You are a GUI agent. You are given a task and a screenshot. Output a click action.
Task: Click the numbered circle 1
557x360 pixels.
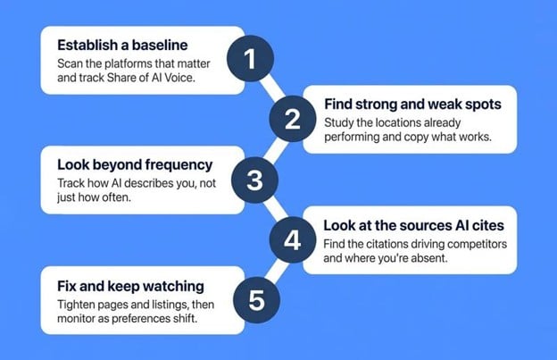(250, 59)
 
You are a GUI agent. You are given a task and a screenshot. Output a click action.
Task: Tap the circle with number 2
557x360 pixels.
(293, 119)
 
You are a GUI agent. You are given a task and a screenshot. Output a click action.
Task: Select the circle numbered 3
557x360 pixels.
(254, 180)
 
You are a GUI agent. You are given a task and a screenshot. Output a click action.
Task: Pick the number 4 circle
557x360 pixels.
(293, 240)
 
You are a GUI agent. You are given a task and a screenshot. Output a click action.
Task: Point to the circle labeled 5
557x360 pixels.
(256, 300)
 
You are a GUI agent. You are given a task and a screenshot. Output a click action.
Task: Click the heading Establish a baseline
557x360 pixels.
(122, 46)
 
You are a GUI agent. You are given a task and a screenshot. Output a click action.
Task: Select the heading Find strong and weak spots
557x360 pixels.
(412, 105)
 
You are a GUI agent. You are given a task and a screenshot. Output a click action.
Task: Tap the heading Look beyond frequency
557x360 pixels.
(135, 165)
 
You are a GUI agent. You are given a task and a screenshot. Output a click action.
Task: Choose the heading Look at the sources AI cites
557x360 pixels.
(413, 225)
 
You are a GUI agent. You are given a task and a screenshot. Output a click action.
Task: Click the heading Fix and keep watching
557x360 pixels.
(130, 286)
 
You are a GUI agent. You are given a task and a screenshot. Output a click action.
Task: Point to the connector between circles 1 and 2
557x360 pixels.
(272, 89)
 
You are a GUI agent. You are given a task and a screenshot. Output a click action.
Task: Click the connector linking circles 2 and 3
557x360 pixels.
(275, 150)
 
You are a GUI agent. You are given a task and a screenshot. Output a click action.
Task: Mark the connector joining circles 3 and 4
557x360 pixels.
(275, 211)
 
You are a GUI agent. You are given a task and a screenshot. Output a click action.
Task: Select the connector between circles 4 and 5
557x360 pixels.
(277, 271)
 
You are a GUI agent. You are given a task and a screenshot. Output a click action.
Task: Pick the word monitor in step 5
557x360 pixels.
(76, 318)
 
